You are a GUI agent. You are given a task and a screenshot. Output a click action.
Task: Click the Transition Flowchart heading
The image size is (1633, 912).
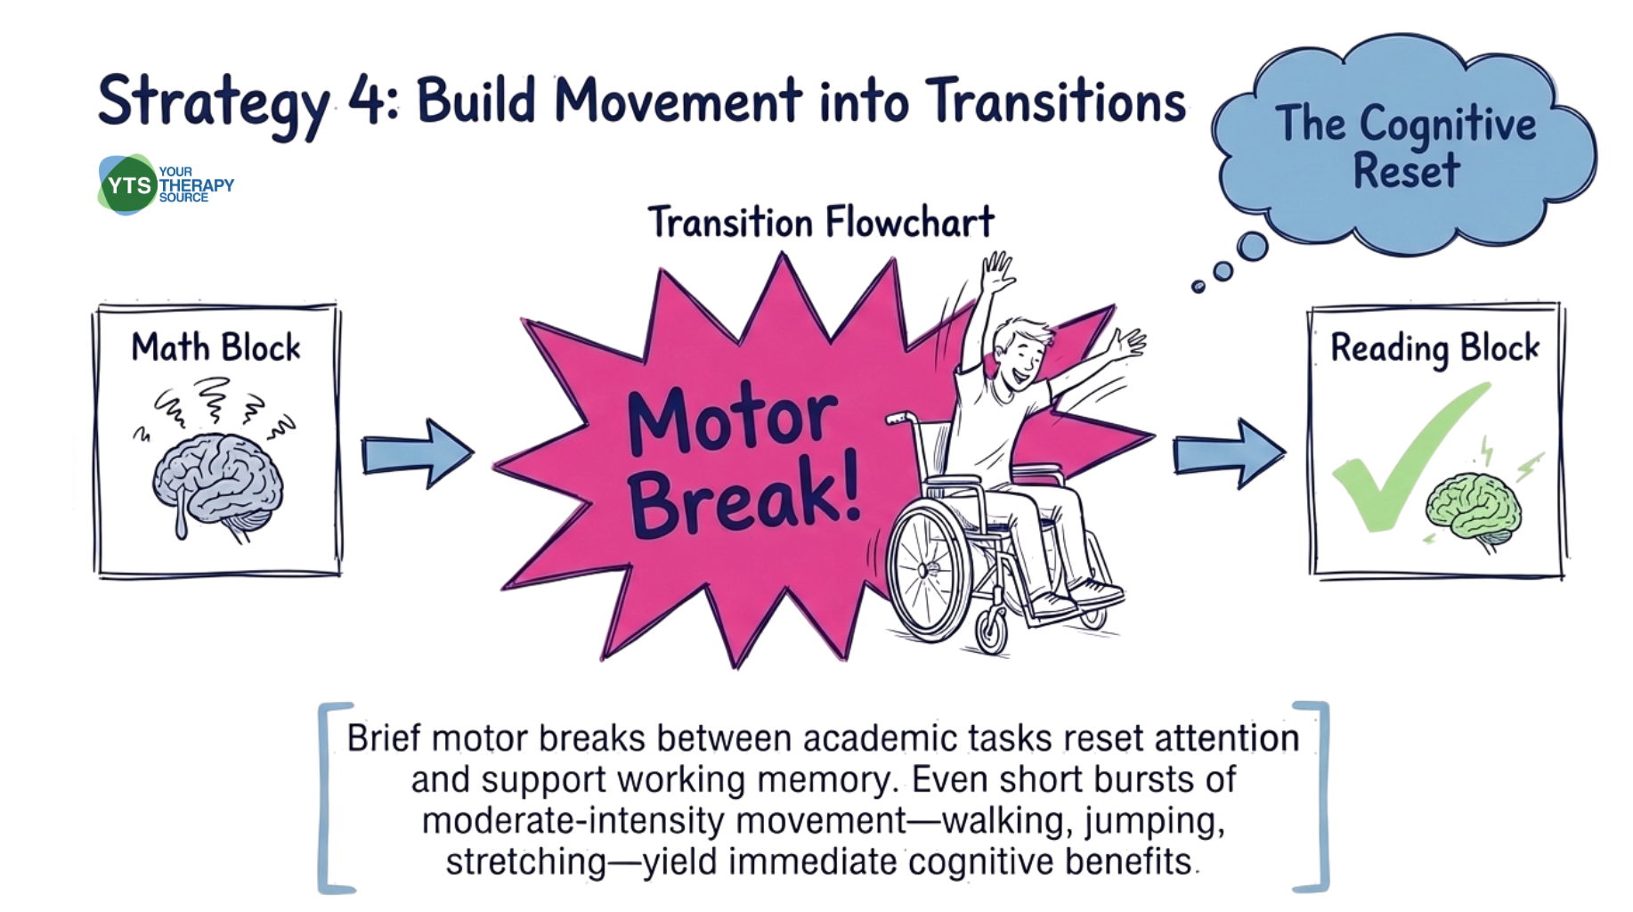(x=821, y=222)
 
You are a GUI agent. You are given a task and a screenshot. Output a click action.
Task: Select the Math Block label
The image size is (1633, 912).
(x=215, y=347)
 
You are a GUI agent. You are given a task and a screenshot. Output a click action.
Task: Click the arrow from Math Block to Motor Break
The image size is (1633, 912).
(x=417, y=454)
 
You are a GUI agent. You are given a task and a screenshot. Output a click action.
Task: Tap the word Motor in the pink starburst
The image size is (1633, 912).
(x=732, y=417)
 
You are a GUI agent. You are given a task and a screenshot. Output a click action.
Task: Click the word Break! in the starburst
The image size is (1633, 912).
(x=744, y=496)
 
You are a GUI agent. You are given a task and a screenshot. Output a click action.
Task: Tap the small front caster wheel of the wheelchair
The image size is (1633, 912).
(x=991, y=631)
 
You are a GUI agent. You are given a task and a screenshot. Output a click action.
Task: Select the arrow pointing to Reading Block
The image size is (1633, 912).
(x=1229, y=454)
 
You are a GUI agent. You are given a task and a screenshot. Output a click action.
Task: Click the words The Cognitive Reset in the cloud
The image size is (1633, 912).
(x=1406, y=146)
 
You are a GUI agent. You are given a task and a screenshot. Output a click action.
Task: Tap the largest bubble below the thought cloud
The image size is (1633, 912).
(x=1253, y=246)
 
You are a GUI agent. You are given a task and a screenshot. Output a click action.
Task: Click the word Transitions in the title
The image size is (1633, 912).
(x=1056, y=100)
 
